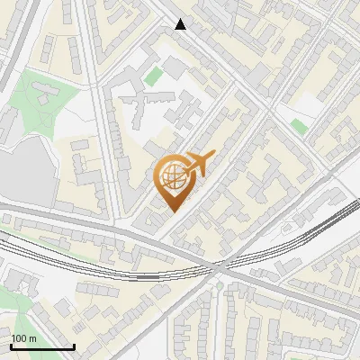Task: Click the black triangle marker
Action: (181, 24)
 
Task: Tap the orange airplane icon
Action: (198, 163)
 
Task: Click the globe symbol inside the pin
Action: (172, 176)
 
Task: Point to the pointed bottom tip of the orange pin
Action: (173, 211)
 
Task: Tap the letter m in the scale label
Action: (33, 338)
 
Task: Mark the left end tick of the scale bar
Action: (11, 346)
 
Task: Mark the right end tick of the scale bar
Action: (74, 346)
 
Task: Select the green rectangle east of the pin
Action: (300, 127)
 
